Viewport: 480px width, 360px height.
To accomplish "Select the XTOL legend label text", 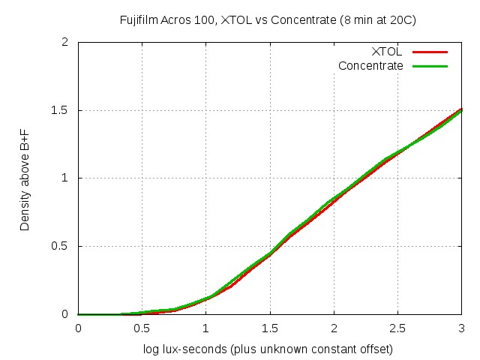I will pyautogui.click(x=387, y=52).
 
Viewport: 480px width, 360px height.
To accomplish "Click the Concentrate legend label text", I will pyautogui.click(x=370, y=66).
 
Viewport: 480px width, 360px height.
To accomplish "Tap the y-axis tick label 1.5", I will pyautogui.click(x=63, y=110).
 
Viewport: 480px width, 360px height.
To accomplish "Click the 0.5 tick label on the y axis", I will pyautogui.click(x=63, y=247).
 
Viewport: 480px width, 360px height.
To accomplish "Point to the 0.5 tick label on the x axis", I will pyautogui.click(x=142, y=328).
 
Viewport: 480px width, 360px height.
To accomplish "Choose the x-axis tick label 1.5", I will pyautogui.click(x=270, y=328).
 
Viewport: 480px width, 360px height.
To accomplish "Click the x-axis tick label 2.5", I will pyautogui.click(x=397, y=328).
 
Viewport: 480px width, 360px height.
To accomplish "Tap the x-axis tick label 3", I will pyautogui.click(x=461, y=328).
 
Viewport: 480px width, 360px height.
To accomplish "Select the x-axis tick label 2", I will pyautogui.click(x=334, y=328).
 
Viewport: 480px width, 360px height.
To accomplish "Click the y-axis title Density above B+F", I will pyautogui.click(x=25, y=178).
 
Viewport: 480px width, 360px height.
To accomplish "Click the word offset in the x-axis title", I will pyautogui.click(x=376, y=349).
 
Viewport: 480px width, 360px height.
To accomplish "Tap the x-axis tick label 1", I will pyautogui.click(x=206, y=328).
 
